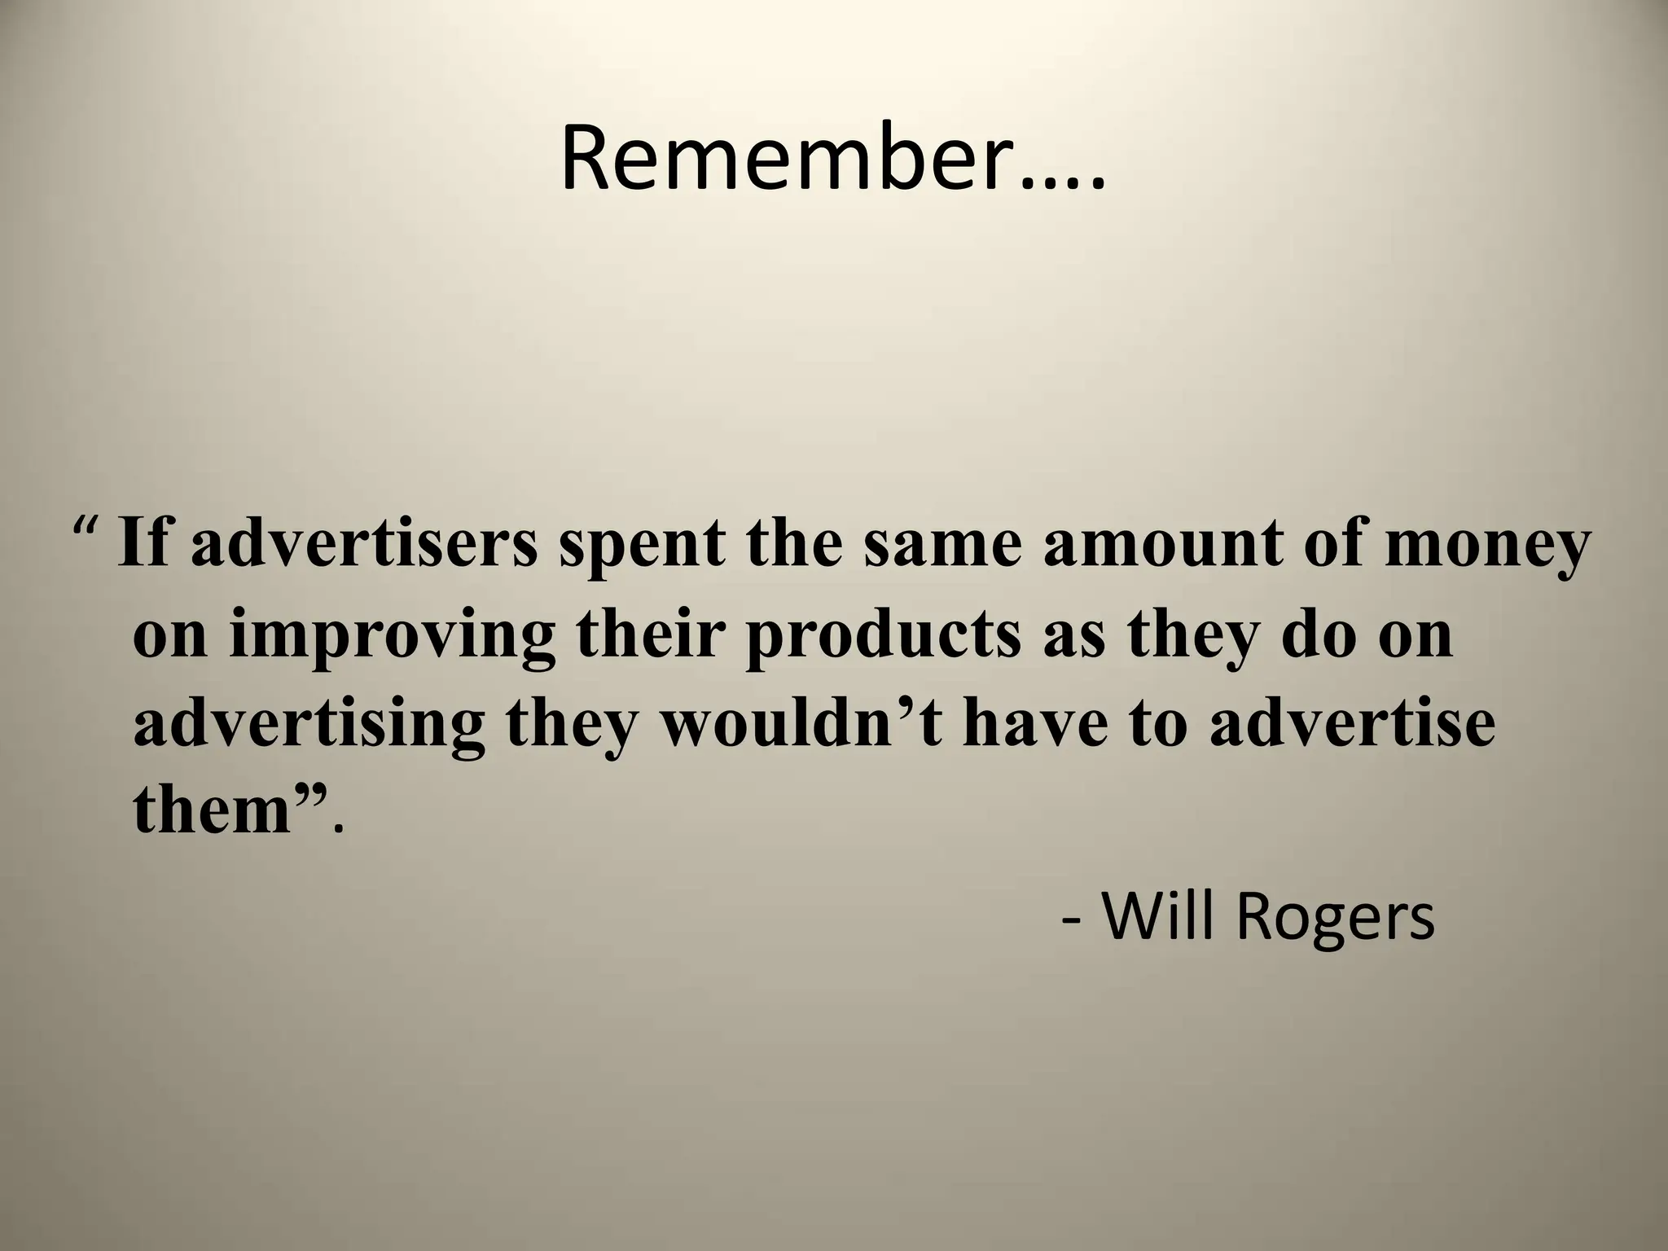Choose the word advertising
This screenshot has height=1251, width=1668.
coord(309,725)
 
